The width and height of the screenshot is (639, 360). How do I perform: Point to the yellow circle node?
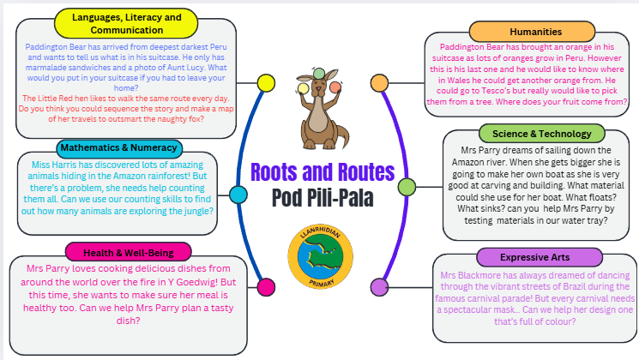pyautogui.click(x=268, y=83)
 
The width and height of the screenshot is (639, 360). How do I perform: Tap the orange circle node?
pyautogui.click(x=378, y=82)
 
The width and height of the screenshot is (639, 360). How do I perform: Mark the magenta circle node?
pyautogui.click(x=266, y=286)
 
